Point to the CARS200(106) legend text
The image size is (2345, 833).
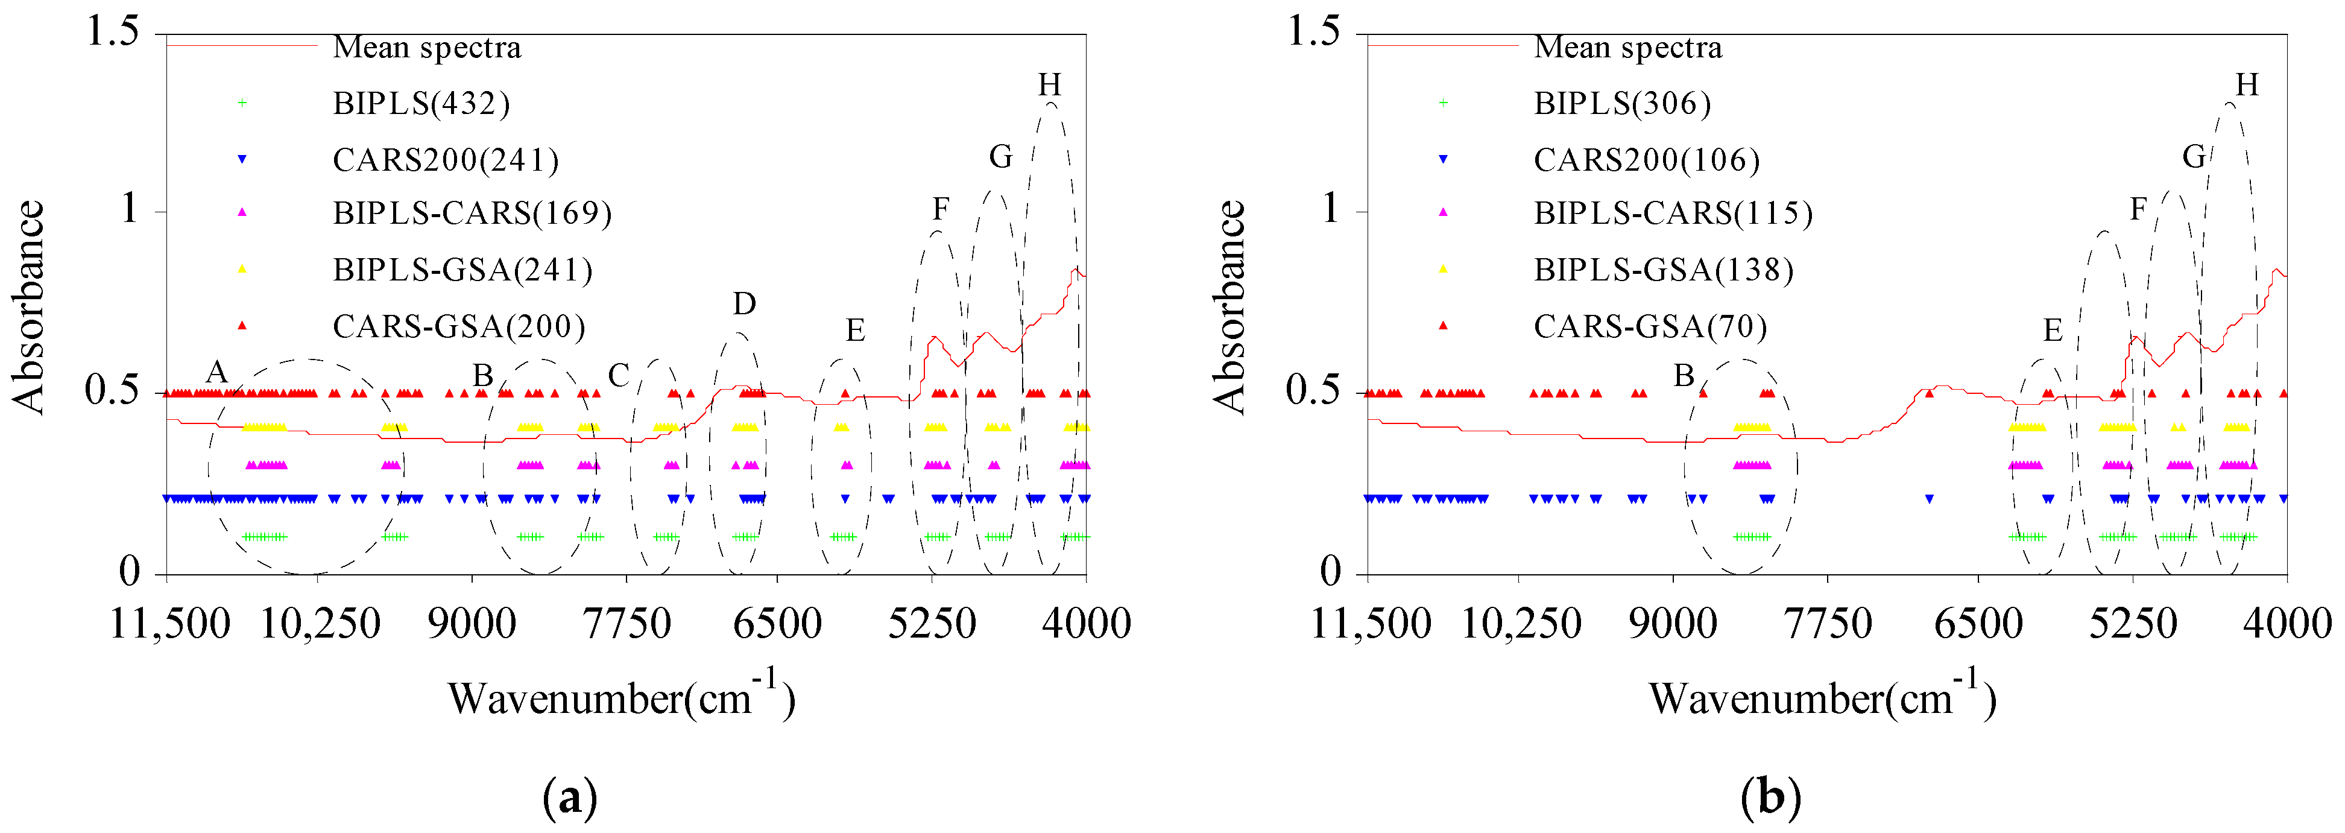[x=1646, y=160]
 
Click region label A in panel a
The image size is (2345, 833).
[x=216, y=372]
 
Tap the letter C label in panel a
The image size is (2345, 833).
[x=618, y=375]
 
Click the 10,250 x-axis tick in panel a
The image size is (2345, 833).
[x=320, y=624]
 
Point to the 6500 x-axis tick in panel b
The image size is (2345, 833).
[x=1978, y=624]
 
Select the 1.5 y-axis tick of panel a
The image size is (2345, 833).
[x=112, y=32]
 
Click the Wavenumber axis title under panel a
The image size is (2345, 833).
[x=621, y=698]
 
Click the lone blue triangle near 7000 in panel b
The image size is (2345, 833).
[x=1928, y=499]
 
